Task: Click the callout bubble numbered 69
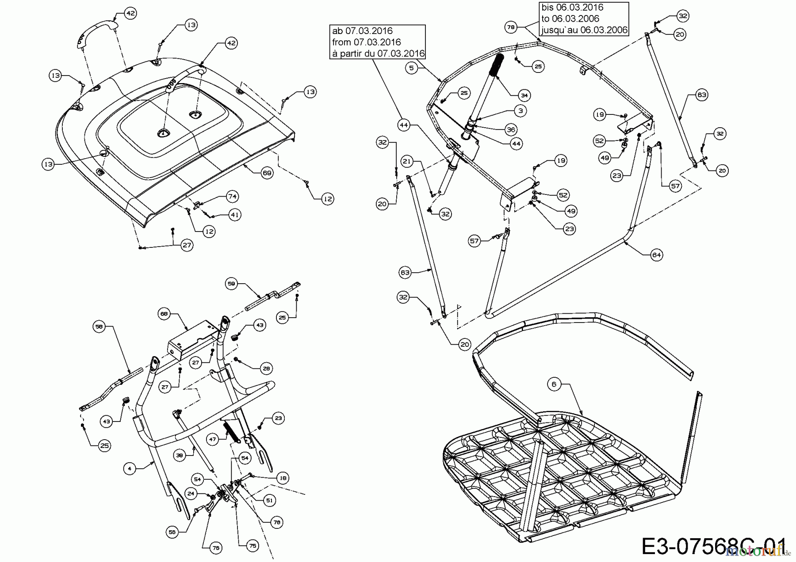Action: (x=267, y=173)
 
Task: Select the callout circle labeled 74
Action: (x=232, y=196)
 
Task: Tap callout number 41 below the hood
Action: (x=234, y=215)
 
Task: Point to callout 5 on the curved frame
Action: (x=411, y=68)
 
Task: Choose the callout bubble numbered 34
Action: (x=524, y=95)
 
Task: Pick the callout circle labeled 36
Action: (x=511, y=129)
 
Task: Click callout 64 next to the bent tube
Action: (x=657, y=255)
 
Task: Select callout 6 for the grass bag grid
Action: (x=554, y=384)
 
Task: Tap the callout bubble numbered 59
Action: (x=232, y=283)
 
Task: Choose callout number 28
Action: (x=266, y=368)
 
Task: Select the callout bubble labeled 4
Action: (x=129, y=468)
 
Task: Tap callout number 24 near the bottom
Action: (x=191, y=494)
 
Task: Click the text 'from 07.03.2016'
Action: (x=366, y=42)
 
